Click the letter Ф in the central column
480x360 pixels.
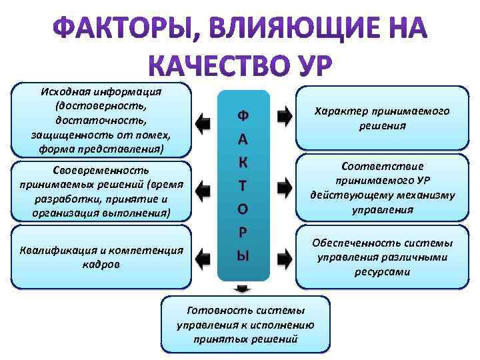click(x=243, y=115)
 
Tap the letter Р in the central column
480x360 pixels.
click(x=243, y=233)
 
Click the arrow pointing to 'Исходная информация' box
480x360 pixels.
click(x=203, y=121)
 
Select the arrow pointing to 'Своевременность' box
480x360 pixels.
click(x=203, y=186)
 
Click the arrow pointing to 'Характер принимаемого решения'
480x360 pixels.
click(x=285, y=116)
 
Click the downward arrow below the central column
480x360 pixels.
click(x=243, y=288)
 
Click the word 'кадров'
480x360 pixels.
click(x=101, y=265)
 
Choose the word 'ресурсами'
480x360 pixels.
click(x=382, y=271)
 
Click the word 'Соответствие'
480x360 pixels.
click(x=382, y=166)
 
